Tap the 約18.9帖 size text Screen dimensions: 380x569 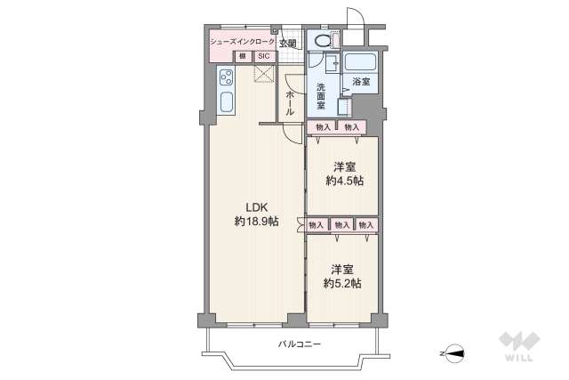pos(255,221)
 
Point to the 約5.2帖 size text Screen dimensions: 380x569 pos(343,282)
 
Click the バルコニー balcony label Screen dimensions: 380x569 pos(298,344)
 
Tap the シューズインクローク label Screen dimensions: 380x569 pos(241,41)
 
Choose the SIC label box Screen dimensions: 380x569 pos(264,56)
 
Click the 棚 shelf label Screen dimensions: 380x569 pos(241,56)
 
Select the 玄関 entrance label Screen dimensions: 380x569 pos(288,41)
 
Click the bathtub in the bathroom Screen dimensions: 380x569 pos(360,64)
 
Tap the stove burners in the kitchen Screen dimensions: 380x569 pos(224,76)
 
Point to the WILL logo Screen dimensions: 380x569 pos(518,345)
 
